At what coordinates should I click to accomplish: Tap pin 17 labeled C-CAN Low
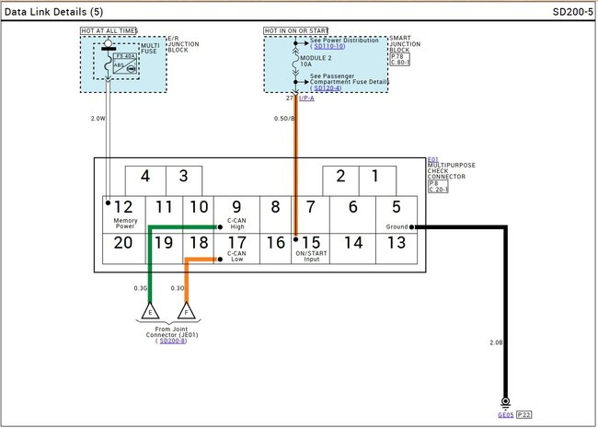click(x=236, y=243)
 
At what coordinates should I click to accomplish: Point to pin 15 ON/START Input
click(x=311, y=243)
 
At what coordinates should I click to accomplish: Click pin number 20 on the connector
click(x=122, y=243)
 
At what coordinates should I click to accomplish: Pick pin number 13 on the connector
click(x=397, y=243)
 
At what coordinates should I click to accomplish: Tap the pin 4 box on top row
click(x=144, y=177)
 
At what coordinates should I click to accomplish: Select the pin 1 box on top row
click(x=375, y=177)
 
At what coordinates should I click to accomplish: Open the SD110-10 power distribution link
click(x=328, y=46)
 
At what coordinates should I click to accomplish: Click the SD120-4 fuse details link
click(x=328, y=88)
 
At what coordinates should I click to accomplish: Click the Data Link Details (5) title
click(x=53, y=12)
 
